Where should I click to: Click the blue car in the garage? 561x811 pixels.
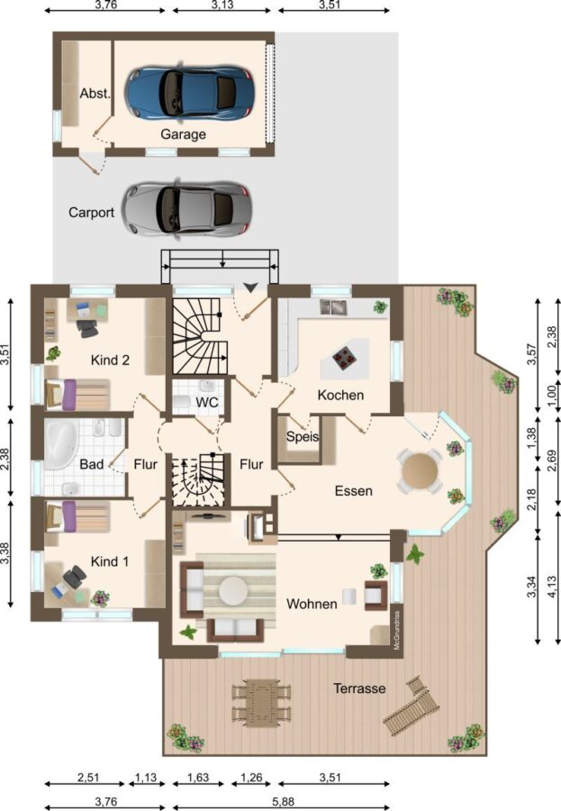point(189,93)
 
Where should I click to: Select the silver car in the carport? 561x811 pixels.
point(186,209)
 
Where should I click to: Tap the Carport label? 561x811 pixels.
point(92,213)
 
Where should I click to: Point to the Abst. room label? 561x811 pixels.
point(95,94)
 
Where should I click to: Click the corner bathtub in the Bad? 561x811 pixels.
point(61,443)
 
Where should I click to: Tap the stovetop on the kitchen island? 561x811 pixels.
point(343,358)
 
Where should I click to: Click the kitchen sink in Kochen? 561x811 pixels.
point(333,306)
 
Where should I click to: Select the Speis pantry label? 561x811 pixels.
point(303,436)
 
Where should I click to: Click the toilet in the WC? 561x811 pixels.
point(183,402)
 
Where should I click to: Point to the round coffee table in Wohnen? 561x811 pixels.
point(233,590)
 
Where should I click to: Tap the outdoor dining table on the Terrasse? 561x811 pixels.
point(260,703)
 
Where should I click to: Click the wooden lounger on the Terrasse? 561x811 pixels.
point(412,705)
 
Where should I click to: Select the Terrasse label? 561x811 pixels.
point(359,688)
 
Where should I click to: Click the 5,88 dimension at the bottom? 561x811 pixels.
point(284,802)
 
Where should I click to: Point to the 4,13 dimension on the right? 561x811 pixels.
point(554,587)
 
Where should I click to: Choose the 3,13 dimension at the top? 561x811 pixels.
point(222,5)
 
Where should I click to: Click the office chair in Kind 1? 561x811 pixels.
point(75,577)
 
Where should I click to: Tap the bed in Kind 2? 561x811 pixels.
point(77,395)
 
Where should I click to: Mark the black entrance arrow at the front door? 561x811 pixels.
point(250,287)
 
